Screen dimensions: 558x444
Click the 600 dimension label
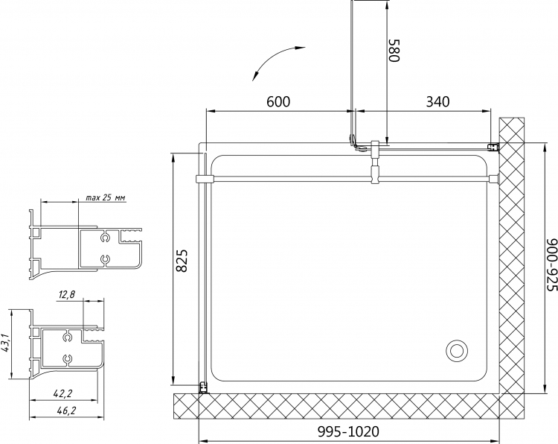278,101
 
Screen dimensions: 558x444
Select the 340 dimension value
437,101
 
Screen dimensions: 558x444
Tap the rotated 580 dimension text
394,50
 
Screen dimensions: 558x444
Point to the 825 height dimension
182,261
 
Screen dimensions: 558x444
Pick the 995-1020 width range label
348,431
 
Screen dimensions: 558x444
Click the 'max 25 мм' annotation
106,198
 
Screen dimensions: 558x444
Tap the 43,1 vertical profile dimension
5,343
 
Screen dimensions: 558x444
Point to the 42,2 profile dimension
62,393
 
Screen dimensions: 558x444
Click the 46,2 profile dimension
66,410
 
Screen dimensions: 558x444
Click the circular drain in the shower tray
456,350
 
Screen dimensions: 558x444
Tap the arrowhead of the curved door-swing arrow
254,76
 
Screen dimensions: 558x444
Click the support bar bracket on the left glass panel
204,179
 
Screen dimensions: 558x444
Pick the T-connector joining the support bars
376,162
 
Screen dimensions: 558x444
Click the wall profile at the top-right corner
493,148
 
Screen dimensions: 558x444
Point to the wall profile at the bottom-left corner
204,387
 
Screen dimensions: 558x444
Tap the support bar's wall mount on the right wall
494,179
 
